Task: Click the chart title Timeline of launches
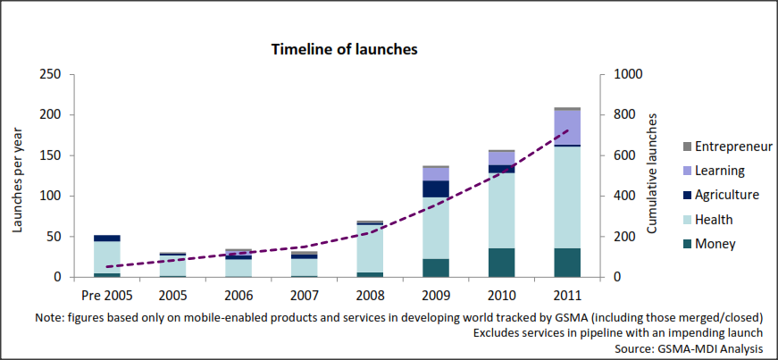click(x=345, y=49)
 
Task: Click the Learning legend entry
click(x=720, y=171)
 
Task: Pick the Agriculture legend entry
click(x=726, y=195)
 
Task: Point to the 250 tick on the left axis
click(x=48, y=74)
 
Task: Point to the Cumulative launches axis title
click(x=654, y=175)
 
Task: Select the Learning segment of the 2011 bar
click(x=566, y=127)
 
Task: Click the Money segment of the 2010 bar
click(x=501, y=262)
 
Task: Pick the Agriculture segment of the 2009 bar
click(x=436, y=188)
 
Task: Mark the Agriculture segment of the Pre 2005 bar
click(x=107, y=239)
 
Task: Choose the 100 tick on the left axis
click(x=48, y=196)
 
